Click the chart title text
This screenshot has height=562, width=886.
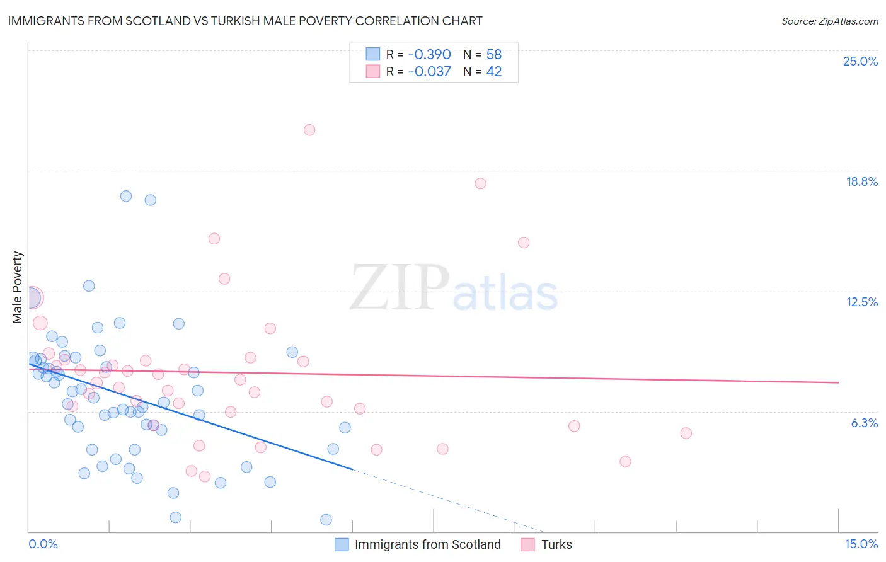click(245, 21)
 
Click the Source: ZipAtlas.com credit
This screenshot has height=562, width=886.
click(829, 21)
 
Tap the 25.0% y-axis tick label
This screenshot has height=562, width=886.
click(860, 61)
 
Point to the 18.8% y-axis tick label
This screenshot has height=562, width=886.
click(861, 181)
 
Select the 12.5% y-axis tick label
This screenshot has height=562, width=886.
click(861, 302)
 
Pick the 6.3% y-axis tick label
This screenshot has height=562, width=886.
click(864, 423)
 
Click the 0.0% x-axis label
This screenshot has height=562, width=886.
click(43, 544)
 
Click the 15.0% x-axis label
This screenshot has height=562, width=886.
click(861, 544)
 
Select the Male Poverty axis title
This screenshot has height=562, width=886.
click(18, 287)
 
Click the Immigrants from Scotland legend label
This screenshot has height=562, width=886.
click(427, 544)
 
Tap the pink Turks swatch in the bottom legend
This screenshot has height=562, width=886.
click(528, 544)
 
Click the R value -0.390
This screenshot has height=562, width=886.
click(429, 54)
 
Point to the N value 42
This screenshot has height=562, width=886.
click(493, 72)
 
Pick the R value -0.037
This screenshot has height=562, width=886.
click(429, 72)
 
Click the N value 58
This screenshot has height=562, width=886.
click(493, 54)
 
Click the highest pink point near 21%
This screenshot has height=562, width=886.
click(309, 130)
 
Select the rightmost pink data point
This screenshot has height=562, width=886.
click(686, 433)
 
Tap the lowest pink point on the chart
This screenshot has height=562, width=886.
click(205, 476)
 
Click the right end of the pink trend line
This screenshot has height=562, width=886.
click(838, 382)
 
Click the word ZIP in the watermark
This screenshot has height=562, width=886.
click(400, 288)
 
